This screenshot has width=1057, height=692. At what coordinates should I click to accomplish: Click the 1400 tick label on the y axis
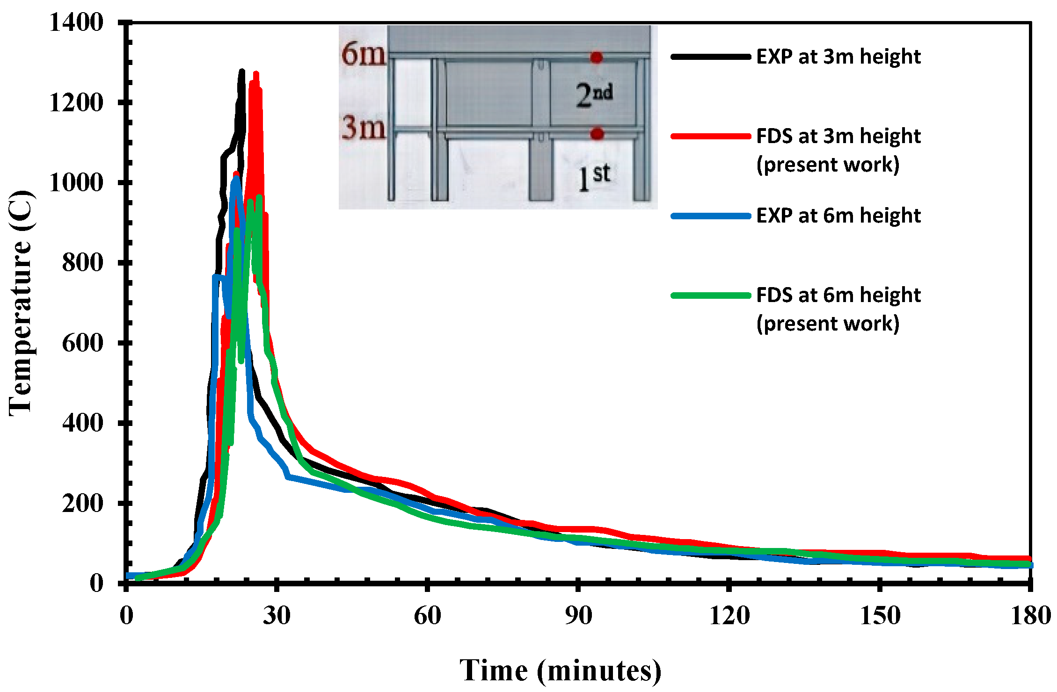coord(76,22)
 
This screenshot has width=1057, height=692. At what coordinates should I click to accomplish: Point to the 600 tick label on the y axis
coord(82,343)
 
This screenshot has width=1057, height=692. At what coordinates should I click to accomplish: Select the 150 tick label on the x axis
coord(880,616)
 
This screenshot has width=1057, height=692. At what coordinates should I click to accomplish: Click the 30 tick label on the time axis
coord(277,616)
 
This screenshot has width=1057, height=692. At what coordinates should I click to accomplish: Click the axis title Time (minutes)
coord(560,670)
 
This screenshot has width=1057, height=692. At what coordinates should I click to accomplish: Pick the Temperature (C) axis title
coord(21,303)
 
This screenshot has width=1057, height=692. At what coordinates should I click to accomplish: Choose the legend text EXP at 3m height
coord(838,57)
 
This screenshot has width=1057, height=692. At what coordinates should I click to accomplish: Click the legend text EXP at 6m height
coord(838,216)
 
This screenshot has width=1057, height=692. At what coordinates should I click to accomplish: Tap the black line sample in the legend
coord(710,57)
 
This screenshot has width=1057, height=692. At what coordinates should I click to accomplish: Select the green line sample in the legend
coord(710,296)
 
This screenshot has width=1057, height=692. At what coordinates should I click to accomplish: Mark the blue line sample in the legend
coord(710,216)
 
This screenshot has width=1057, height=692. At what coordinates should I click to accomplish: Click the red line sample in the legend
coord(710,136)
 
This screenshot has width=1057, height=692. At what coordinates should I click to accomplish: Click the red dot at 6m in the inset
coord(596,58)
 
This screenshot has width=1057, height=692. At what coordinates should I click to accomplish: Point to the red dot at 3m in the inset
coord(597,134)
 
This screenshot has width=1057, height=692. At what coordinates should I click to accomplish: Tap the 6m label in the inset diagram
coord(363,54)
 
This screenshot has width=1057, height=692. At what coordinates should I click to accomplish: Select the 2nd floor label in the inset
coord(594,95)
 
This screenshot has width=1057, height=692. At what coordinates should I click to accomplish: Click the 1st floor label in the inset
coord(594,177)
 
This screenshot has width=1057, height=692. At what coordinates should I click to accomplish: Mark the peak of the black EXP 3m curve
coord(242,71)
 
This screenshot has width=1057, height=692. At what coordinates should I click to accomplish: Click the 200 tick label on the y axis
coord(82,504)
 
